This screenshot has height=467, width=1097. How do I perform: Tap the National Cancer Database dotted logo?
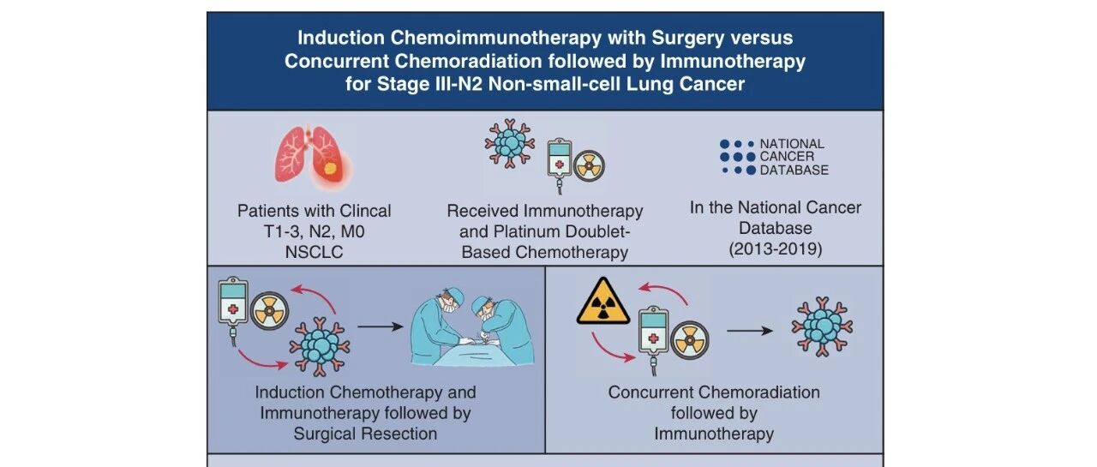point(738,158)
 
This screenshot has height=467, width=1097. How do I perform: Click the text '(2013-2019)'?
point(776,249)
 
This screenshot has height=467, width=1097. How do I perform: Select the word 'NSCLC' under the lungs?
point(314,251)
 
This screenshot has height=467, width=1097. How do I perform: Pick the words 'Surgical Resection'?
point(365,433)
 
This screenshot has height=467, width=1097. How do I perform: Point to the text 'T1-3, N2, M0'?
point(314,231)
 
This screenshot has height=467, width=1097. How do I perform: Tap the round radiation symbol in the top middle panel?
point(589,165)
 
